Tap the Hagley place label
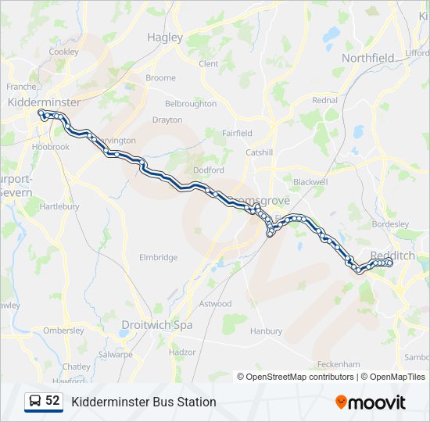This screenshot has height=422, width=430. tap(165, 38)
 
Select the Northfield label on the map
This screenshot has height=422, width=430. tap(368, 58)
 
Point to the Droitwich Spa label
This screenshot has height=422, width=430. tap(157, 324)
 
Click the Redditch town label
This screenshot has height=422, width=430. tap(392, 256)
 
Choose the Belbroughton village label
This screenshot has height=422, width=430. tap(191, 103)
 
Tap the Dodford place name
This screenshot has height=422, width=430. tap(209, 170)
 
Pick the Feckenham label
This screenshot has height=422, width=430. tap(339, 364)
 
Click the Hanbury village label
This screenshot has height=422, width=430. tap(267, 331)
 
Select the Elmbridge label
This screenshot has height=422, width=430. tap(159, 257)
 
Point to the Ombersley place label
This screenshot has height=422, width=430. tap(63, 331)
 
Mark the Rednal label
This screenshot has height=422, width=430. tap(324, 100)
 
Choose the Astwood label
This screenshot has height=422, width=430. tap(216, 303)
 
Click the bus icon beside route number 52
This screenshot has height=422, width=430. tap(35, 402)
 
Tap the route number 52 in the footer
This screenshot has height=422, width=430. tap(52, 401)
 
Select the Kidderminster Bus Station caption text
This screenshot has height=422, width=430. tap(144, 402)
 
